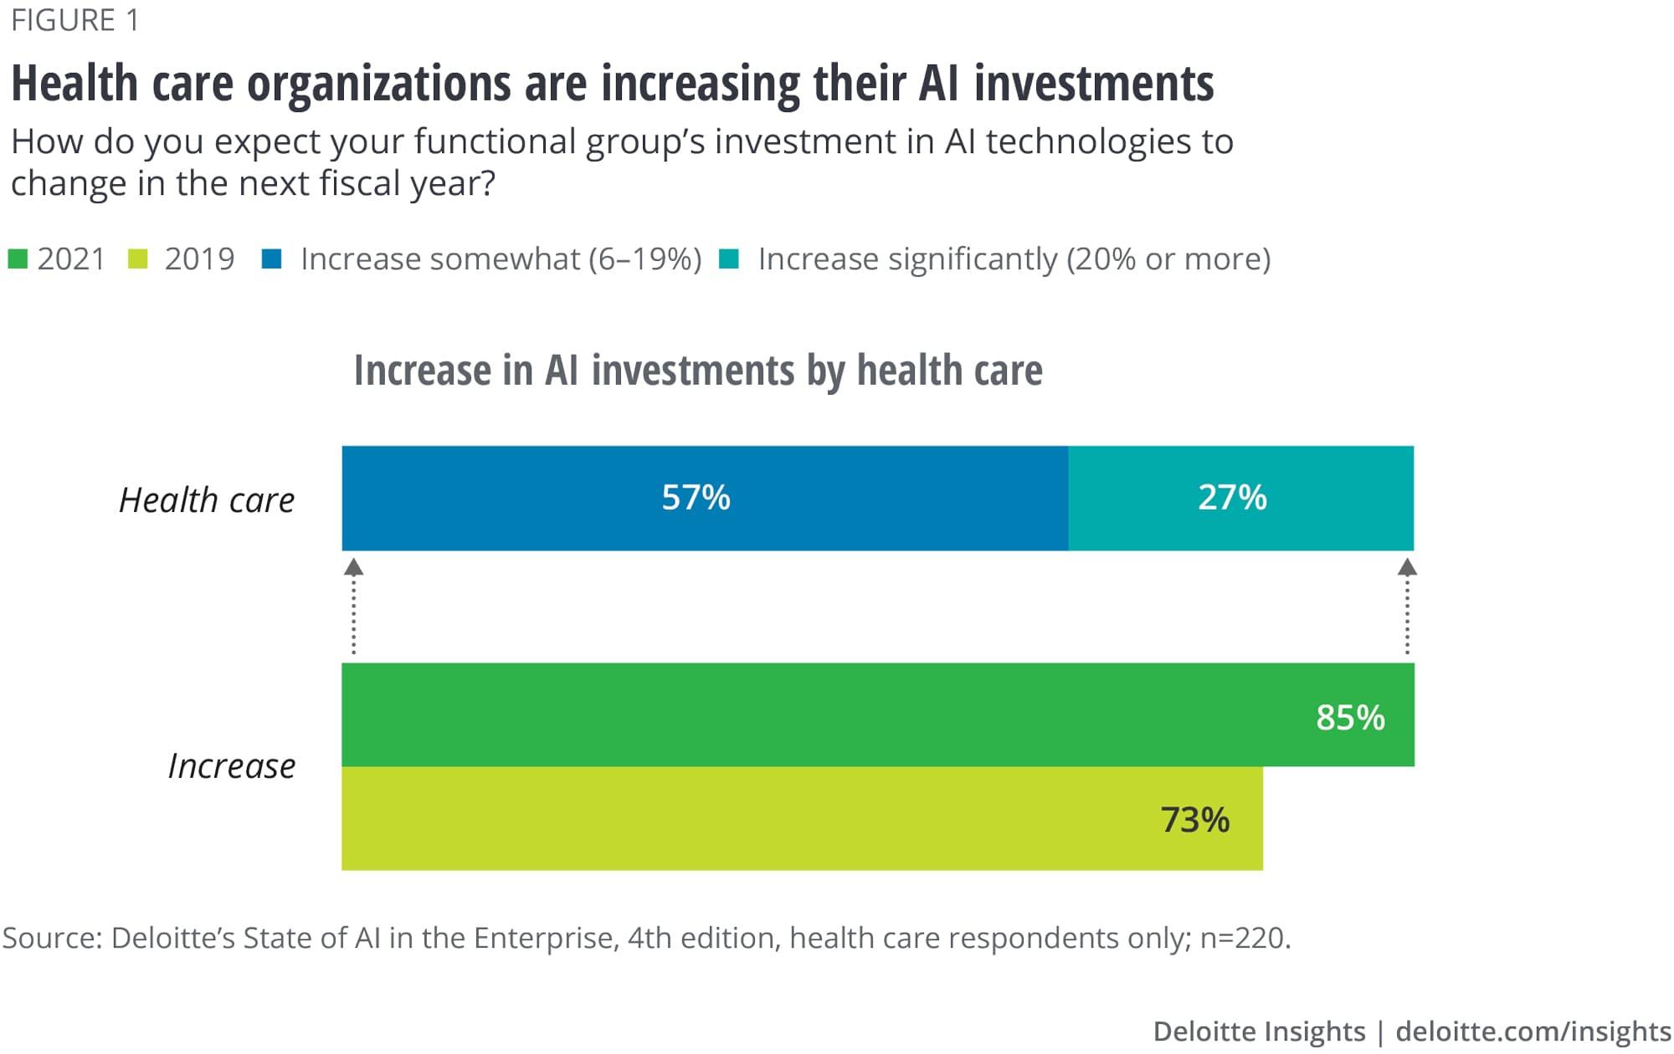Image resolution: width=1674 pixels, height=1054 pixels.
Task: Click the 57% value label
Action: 696,498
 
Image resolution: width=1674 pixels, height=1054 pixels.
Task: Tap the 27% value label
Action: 1232,498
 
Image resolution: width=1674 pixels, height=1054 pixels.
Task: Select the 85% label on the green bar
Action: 1350,718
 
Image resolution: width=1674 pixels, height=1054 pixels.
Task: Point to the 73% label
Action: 1194,820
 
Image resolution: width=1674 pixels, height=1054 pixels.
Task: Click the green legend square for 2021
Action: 18,259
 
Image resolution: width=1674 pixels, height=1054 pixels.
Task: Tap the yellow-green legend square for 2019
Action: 138,259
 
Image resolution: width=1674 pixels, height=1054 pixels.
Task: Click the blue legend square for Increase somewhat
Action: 271,259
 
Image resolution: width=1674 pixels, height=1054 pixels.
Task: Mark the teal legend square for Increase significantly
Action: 729,259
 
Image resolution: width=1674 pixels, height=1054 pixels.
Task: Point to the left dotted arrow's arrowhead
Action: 354,568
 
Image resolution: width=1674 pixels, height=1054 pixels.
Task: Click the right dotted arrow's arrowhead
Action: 1407,568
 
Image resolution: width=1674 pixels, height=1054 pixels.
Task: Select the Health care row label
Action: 207,500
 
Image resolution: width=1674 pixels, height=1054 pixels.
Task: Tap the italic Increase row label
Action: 232,766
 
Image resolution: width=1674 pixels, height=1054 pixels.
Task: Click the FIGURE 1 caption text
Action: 74,20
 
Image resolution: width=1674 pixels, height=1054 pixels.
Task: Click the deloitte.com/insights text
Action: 1533,1031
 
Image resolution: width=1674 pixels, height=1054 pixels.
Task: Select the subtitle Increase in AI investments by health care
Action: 698,371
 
